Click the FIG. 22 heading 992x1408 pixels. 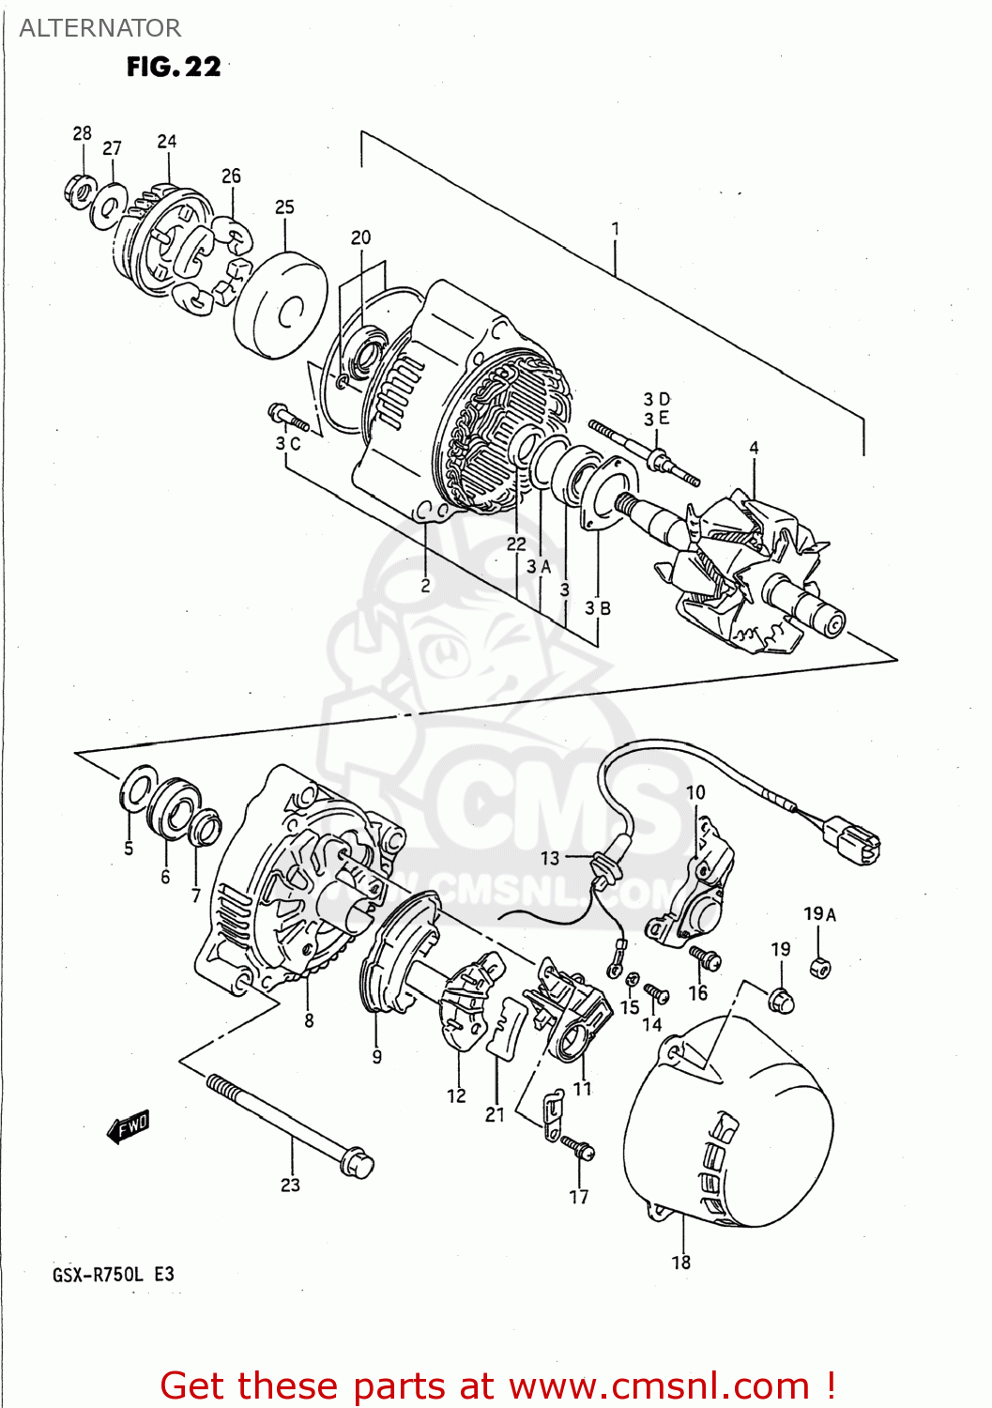174,67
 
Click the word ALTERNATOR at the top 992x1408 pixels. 99,28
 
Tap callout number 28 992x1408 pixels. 83,133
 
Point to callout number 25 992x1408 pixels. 284,207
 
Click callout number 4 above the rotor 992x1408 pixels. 754,449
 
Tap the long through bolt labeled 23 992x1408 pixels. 291,1125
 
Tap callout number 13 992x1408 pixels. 550,858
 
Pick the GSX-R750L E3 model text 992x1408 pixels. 113,1274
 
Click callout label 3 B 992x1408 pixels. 598,608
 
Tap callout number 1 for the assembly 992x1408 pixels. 616,228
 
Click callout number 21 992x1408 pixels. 495,1114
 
